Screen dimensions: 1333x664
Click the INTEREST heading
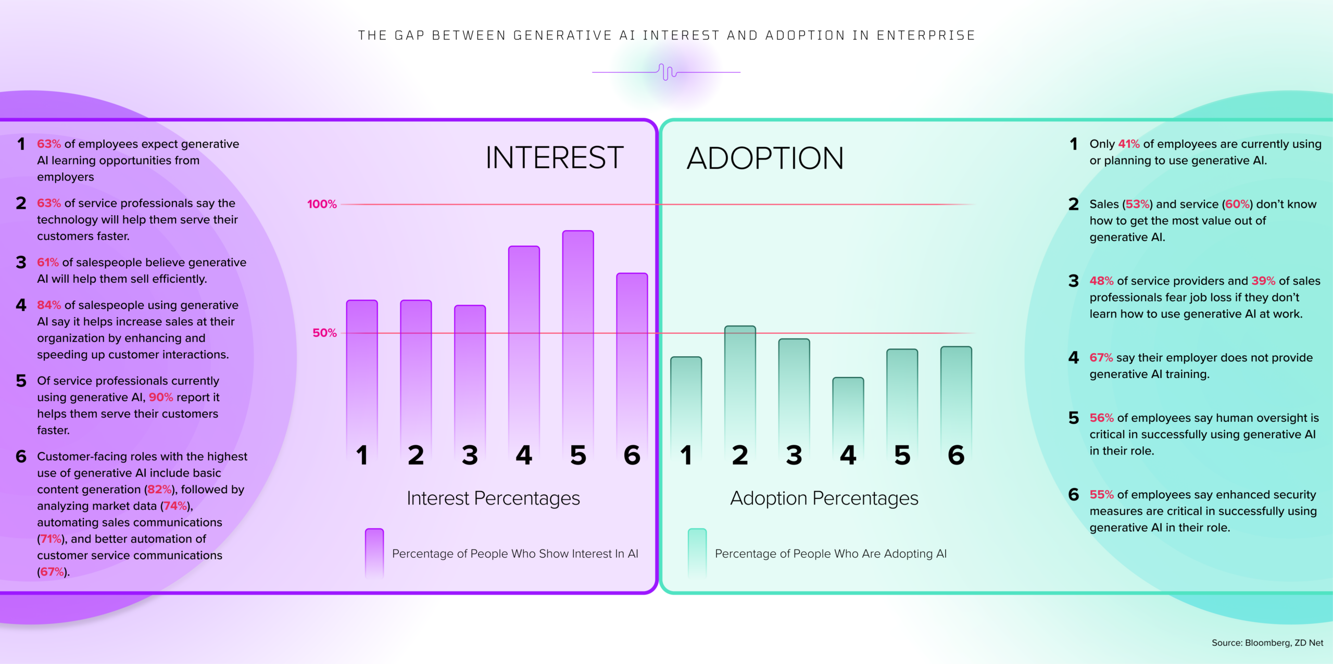(555, 158)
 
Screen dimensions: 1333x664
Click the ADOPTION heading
(765, 158)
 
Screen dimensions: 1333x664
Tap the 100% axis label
(322, 204)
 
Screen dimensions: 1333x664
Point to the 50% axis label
(324, 333)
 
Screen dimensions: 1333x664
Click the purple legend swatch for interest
(374, 554)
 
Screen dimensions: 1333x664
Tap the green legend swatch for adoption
(697, 554)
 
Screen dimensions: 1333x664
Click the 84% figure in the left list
(49, 305)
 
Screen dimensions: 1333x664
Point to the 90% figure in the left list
(161, 397)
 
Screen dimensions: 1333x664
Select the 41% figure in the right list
(1129, 144)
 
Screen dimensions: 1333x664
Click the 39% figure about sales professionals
(1263, 281)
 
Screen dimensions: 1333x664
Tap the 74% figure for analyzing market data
(175, 506)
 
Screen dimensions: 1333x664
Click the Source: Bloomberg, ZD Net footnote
(1267, 643)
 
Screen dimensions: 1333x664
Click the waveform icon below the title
(666, 72)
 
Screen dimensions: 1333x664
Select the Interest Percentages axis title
(493, 498)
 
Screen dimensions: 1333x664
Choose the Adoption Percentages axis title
(824, 498)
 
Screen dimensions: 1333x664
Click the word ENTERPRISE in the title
(926, 35)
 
